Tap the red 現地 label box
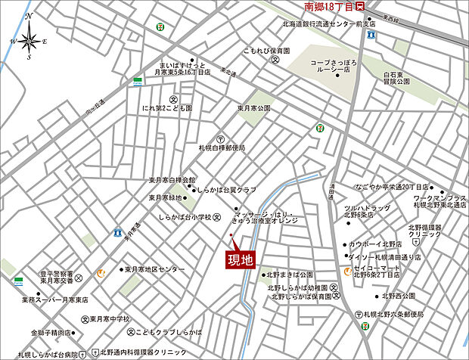pyautogui.click(x=241, y=259)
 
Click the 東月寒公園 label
pyautogui.click(x=254, y=108)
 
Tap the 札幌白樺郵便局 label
pyautogui.click(x=221, y=148)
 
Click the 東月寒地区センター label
pyautogui.click(x=154, y=269)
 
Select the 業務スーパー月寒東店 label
pyautogui.click(x=54, y=299)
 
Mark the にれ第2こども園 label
pyautogui.click(x=167, y=108)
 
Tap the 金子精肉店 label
pyautogui.click(x=52, y=332)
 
